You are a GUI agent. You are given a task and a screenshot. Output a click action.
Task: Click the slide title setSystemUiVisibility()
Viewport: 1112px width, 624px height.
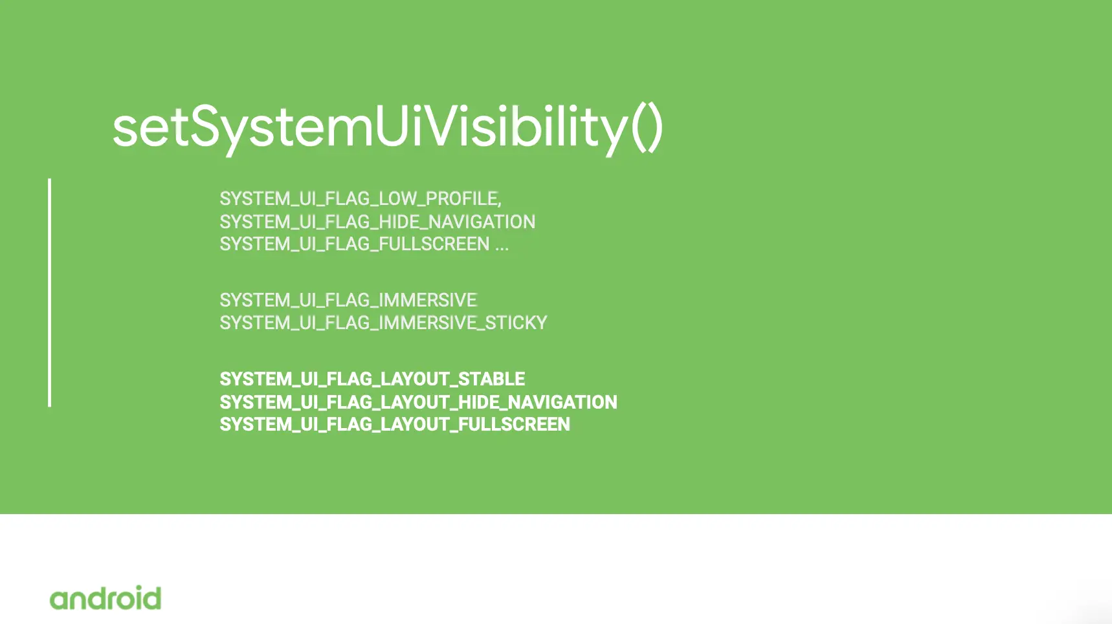coord(388,128)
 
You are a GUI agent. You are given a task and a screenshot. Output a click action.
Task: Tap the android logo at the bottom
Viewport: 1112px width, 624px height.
coord(106,598)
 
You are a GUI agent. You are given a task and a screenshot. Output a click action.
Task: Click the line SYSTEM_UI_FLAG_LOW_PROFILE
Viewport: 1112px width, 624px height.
coord(361,199)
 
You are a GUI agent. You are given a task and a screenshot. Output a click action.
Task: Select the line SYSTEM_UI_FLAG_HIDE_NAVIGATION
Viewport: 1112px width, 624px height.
coord(377,222)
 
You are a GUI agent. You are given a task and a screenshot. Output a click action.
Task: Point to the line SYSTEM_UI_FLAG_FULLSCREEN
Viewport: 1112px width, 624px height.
coord(355,244)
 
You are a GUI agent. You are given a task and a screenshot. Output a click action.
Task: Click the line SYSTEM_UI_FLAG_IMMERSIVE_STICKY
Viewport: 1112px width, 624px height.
coord(383,323)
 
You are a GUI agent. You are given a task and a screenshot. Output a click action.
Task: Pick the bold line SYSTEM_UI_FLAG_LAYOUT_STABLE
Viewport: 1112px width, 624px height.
coord(372,379)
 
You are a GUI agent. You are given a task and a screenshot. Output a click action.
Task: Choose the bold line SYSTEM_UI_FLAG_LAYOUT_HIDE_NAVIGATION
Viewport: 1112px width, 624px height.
coord(418,402)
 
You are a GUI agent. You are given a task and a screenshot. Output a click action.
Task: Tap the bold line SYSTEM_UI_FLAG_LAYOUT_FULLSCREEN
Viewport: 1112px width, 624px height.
coord(395,424)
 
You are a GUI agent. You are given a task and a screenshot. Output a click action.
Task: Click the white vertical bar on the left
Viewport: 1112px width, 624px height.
coord(50,292)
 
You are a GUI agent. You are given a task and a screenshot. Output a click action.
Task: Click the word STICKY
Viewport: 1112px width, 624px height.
coord(517,323)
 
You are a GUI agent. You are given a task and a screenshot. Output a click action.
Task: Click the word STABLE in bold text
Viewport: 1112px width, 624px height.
coord(492,379)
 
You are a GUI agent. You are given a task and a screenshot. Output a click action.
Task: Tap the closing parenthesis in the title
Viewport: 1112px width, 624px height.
coord(654,128)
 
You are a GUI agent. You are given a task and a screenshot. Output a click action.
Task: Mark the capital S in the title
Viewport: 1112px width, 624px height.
coord(208,126)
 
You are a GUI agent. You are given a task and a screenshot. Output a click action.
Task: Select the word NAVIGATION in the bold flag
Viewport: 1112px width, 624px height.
coord(562,402)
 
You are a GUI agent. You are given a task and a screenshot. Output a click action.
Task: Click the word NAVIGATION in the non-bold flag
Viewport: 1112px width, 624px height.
coord(482,222)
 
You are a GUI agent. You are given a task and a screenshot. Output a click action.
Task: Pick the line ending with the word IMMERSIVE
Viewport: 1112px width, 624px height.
coord(348,300)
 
